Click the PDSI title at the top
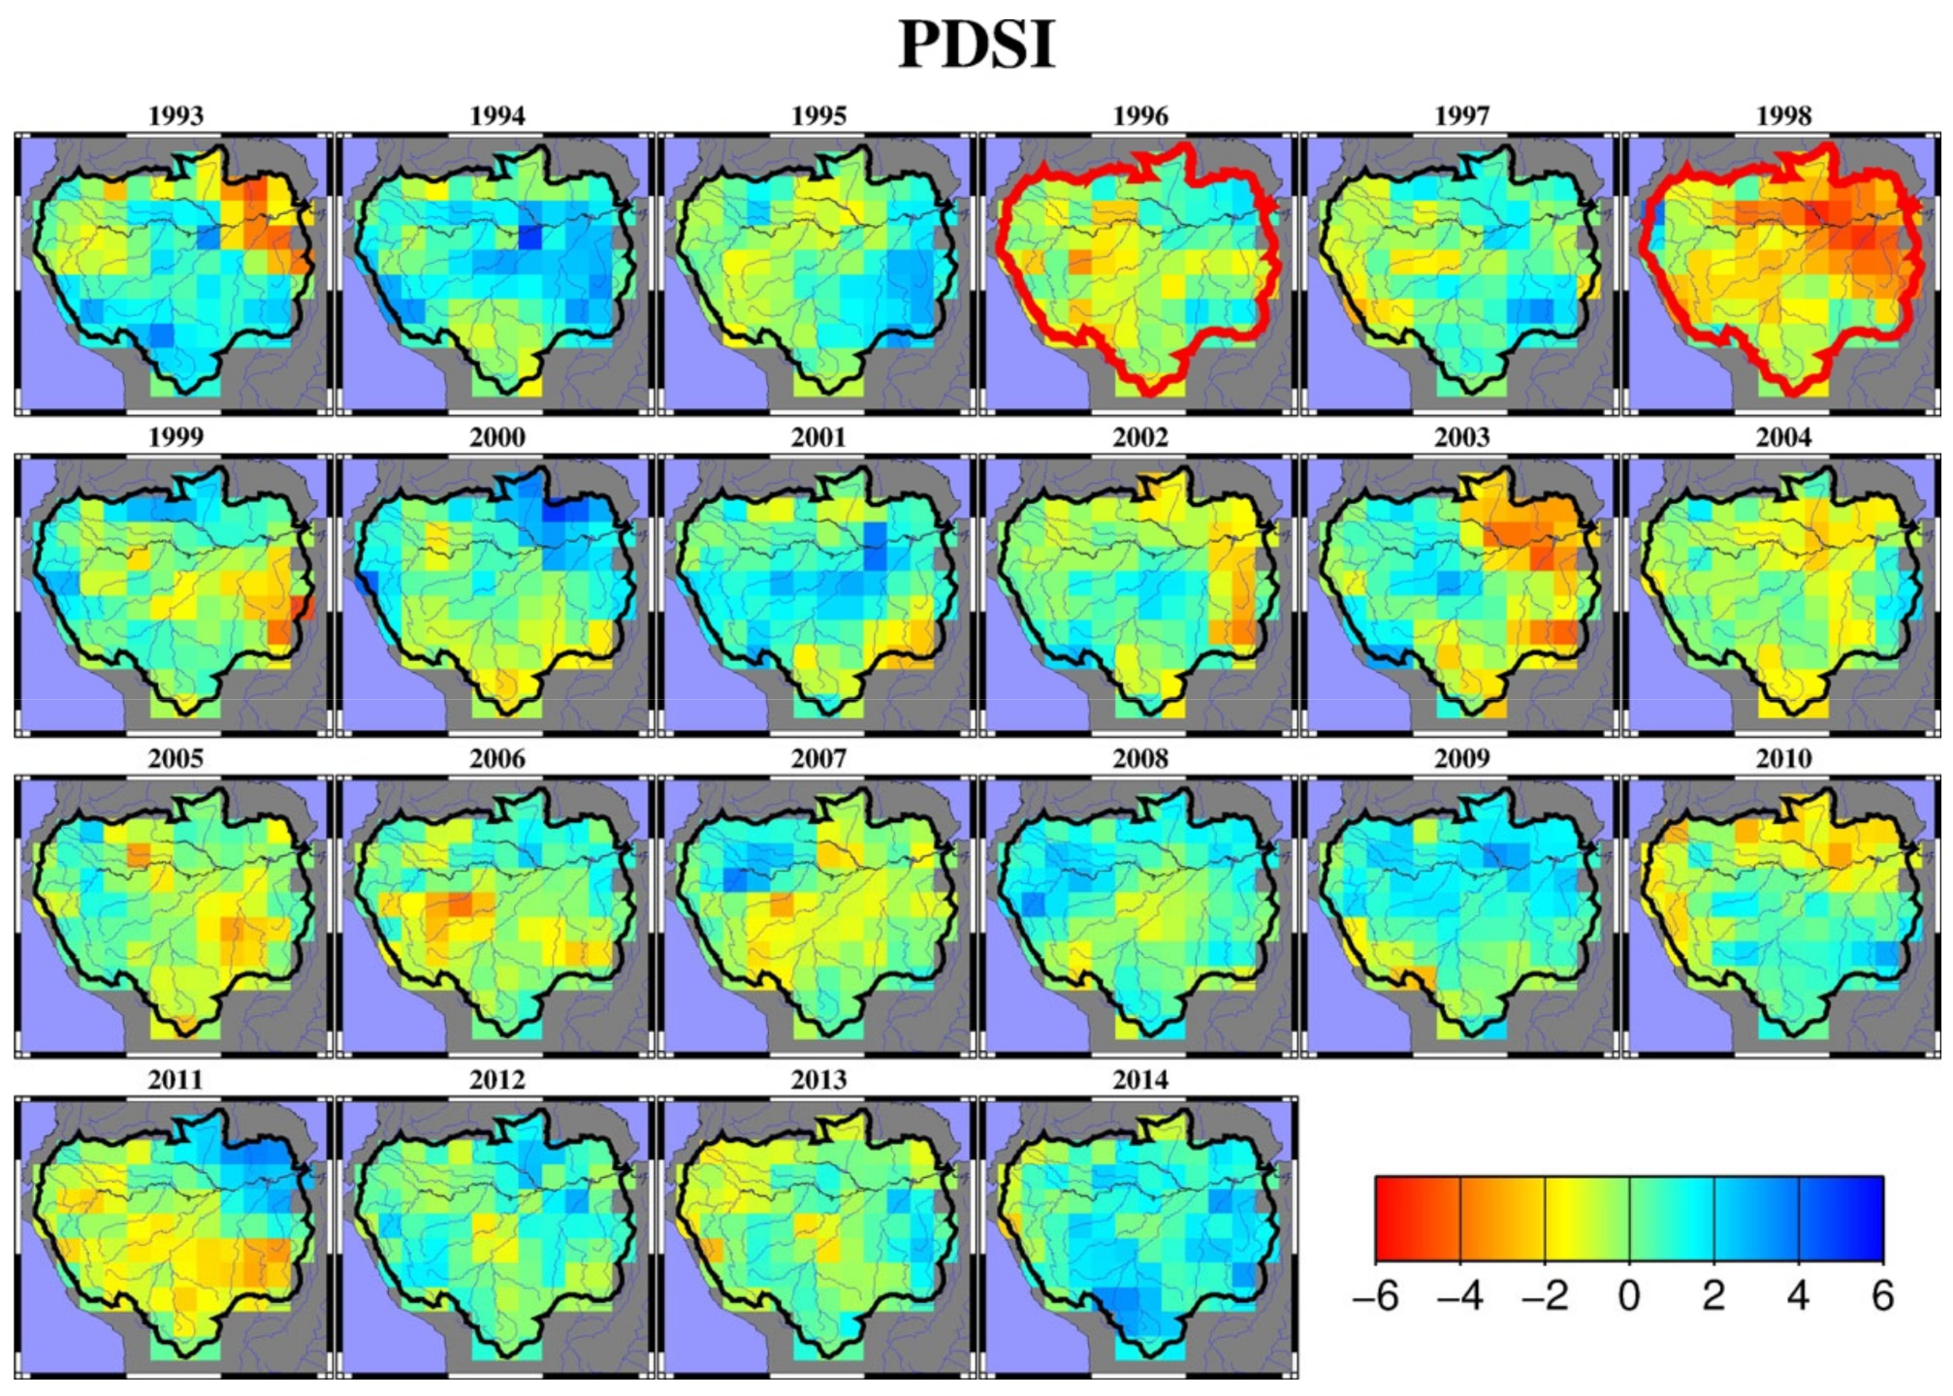coord(976,45)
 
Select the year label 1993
coord(176,116)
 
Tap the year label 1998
coord(1783,116)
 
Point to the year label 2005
coord(176,758)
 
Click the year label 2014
coord(1140,1080)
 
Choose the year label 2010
coord(1783,758)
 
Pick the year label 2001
coord(818,437)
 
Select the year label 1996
coord(1140,116)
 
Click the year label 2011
coord(176,1080)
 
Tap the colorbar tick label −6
coord(1375,1297)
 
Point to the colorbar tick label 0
coord(1629,1297)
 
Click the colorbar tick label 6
coord(1882,1297)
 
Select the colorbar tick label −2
coord(1544,1297)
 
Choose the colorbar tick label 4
coord(1798,1297)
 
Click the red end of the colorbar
coord(1389,1219)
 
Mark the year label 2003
coord(1461,437)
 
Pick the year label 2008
coord(1140,758)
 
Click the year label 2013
coord(818,1080)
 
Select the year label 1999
coord(176,437)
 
